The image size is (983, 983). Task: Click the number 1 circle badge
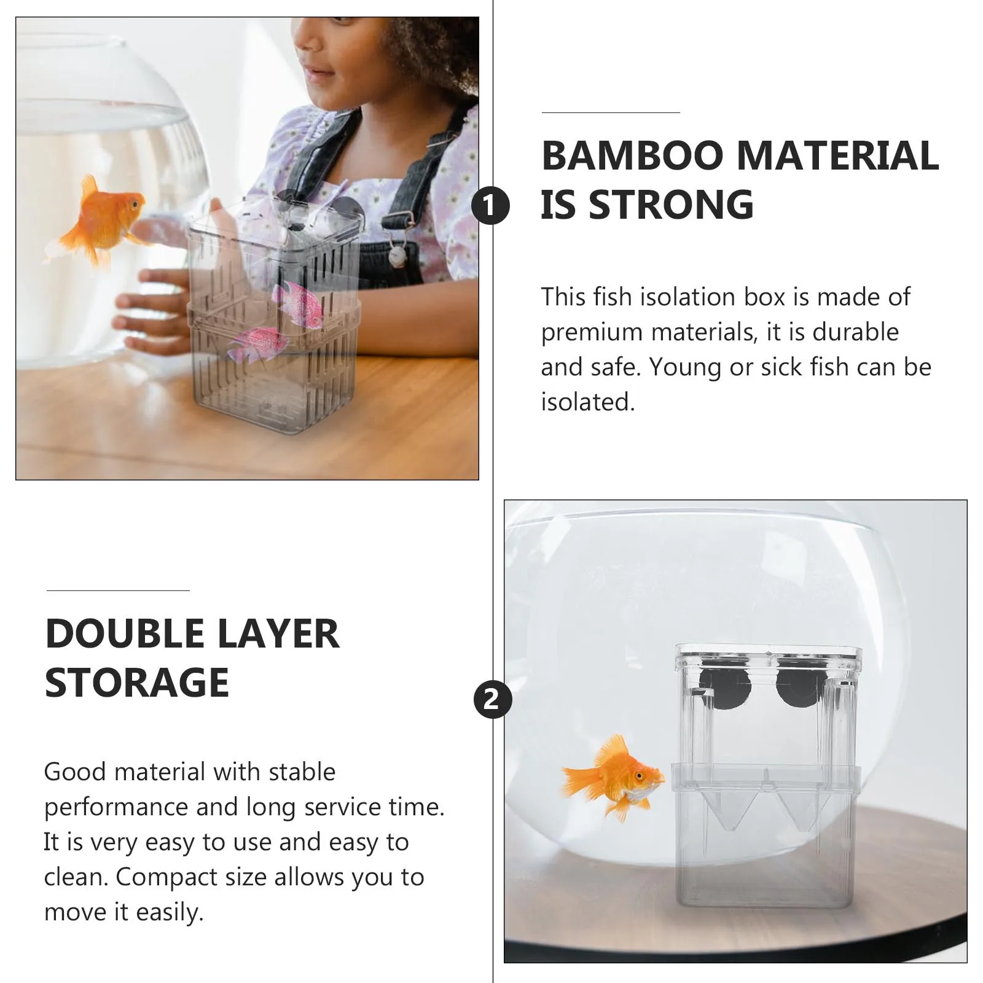(490, 206)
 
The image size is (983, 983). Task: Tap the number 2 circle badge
(493, 699)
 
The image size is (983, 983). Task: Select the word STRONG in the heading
(671, 205)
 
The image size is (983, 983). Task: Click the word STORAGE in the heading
(137, 683)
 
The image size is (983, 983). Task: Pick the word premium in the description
(592, 332)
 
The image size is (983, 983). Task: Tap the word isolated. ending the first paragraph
(587, 402)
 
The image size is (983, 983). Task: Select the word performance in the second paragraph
(116, 807)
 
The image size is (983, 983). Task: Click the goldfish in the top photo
(101, 218)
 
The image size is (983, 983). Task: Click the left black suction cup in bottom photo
(726, 686)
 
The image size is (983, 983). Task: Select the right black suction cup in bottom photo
(797, 687)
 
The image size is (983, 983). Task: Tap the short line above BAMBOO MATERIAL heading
(611, 113)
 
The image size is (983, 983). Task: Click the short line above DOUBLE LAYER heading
(118, 591)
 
